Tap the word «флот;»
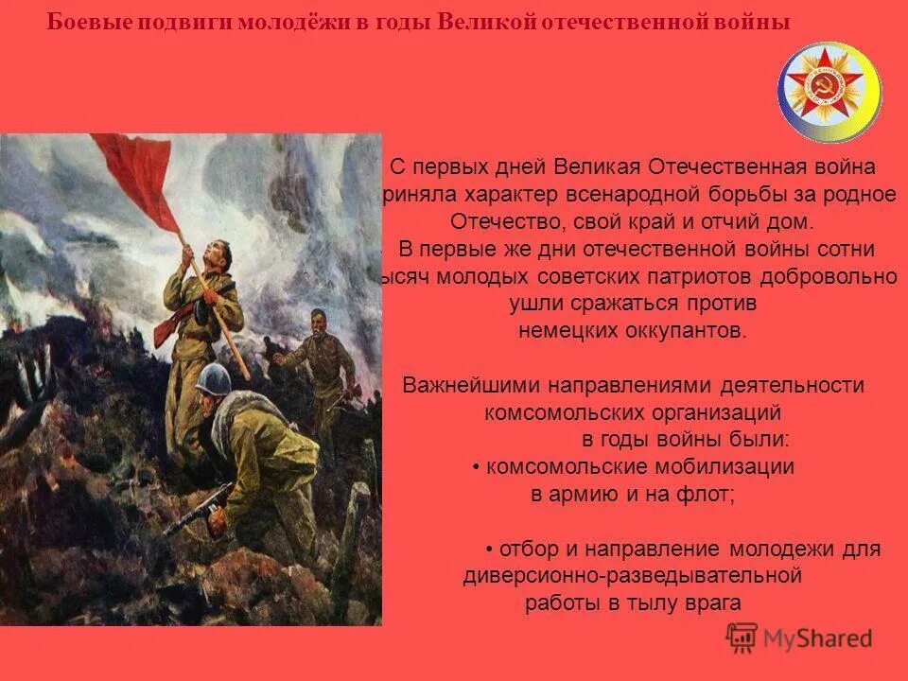710,494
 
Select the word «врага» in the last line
714,603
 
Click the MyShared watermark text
818,638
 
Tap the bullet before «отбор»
490,550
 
